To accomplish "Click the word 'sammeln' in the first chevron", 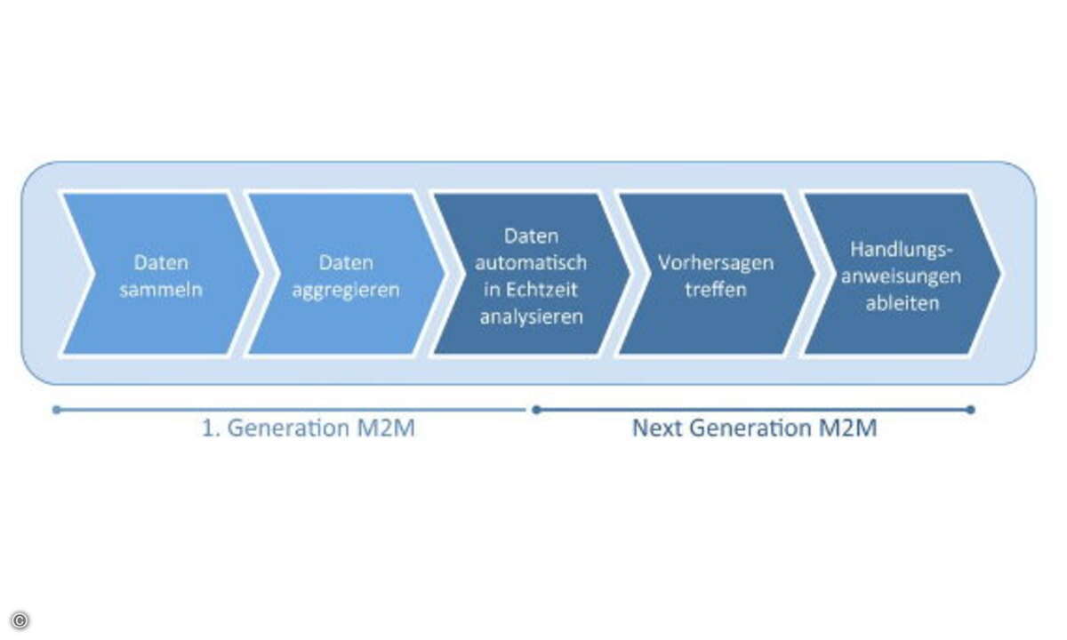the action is tap(161, 290).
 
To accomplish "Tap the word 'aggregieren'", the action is tap(346, 291).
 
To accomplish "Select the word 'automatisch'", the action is tap(531, 262).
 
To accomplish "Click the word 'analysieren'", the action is tap(531, 317).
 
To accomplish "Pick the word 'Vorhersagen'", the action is tap(716, 263).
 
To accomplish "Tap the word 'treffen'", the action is tap(716, 290).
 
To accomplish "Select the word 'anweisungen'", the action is tap(902, 277).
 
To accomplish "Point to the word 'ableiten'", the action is tap(903, 303).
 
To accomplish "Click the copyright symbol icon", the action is tap(20, 620).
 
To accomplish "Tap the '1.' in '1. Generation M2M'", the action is tap(210, 428).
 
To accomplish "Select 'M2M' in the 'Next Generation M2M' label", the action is tap(848, 428).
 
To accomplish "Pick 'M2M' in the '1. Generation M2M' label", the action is tap(386, 428).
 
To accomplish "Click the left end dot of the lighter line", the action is tap(57, 410).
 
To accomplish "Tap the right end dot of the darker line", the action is tap(971, 410).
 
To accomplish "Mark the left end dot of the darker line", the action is tap(536, 410).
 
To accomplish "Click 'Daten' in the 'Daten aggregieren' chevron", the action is tap(346, 263).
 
